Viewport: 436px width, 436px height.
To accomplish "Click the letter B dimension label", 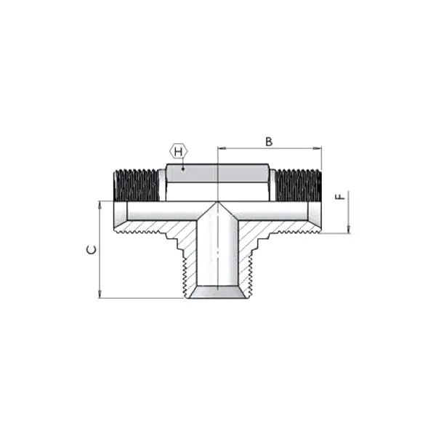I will point(269,141).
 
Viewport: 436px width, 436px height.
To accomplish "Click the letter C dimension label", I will point(90,250).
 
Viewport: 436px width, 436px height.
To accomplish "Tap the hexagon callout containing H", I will point(179,152).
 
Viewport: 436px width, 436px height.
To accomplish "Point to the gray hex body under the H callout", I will point(218,173).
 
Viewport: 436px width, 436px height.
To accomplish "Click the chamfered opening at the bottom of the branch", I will point(217,291).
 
